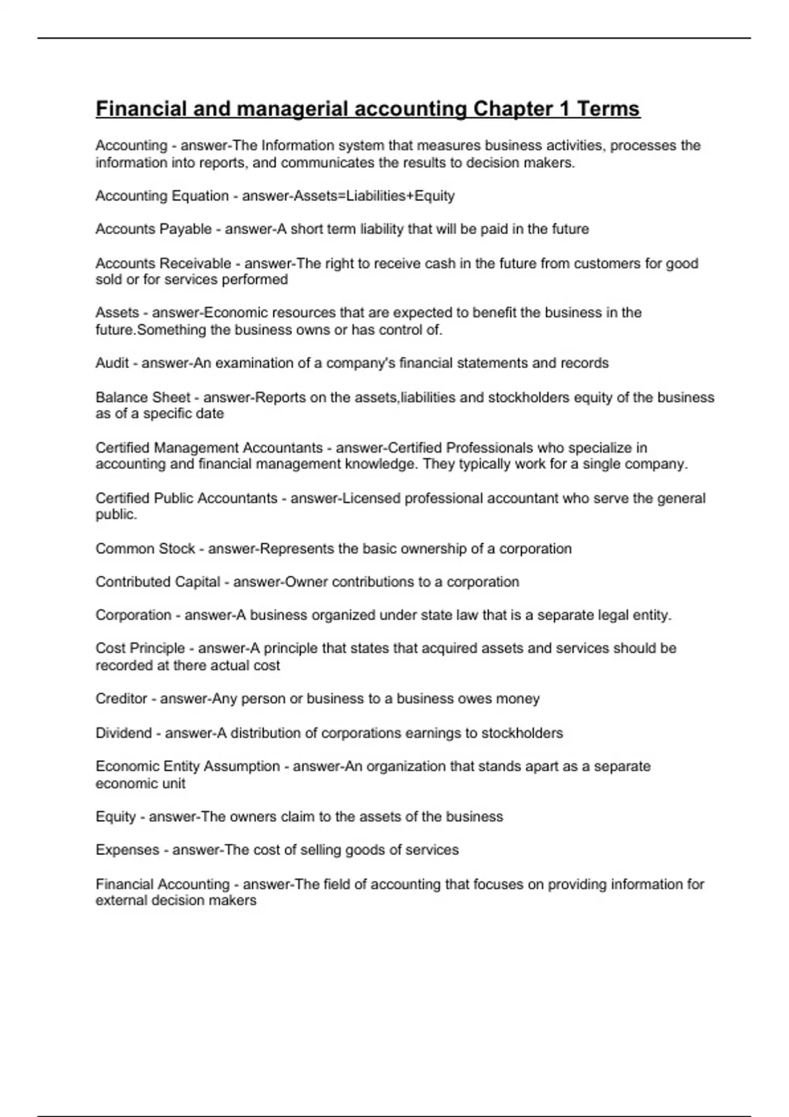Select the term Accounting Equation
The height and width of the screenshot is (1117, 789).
[162, 196]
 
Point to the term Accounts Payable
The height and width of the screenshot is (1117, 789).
[153, 229]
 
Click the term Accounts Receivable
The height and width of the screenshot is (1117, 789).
[163, 263]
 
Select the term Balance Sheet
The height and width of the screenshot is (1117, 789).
[143, 398]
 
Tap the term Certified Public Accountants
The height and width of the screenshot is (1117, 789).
[186, 499]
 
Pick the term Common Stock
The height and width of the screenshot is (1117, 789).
[145, 549]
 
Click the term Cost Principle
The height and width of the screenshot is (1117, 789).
[140, 649]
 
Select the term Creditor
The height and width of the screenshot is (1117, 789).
[121, 699]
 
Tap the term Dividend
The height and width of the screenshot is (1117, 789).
[124, 733]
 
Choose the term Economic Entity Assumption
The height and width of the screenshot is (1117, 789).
[187, 767]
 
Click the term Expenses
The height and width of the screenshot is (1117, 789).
[127, 850]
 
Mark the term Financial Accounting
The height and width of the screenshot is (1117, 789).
[162, 884]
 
